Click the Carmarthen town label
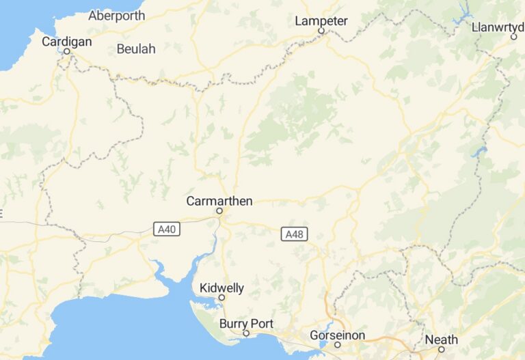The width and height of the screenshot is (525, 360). pos(219,201)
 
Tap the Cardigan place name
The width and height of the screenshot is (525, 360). pos(66,42)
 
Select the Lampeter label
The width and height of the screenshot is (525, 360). pos(321,21)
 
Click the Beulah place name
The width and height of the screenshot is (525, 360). pos(136,49)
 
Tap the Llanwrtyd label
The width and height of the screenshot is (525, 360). pos(498,27)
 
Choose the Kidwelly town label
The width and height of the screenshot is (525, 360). pos(221,288)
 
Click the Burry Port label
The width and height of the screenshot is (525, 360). pos(245,323)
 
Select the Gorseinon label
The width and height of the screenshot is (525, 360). pos(337,335)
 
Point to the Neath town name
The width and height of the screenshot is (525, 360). pos(441,340)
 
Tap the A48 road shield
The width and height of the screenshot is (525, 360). pos(294,234)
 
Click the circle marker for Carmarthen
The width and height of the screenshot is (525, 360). pos(219,211)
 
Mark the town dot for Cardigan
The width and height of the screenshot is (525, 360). pos(67,51)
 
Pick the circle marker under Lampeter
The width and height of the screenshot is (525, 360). pos(321,31)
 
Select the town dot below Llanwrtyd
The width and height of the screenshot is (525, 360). pos(514,37)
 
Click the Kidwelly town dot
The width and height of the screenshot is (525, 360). pos(221,298)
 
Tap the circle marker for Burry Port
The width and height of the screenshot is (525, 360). pos(246,333)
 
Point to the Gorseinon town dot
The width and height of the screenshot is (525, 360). pos(337,345)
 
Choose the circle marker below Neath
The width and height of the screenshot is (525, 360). pos(441,349)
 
